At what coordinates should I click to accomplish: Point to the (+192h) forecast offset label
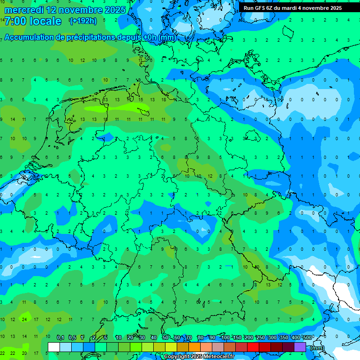[83, 21]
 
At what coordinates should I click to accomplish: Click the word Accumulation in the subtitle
[29, 37]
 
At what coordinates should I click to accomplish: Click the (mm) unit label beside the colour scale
[317, 348]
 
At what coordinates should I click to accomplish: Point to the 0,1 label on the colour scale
[60, 338]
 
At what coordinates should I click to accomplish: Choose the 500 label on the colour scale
[307, 338]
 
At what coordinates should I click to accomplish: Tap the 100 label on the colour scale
[225, 338]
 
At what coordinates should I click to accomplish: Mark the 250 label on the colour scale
[261, 338]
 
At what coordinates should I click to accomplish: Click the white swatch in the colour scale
[54, 347]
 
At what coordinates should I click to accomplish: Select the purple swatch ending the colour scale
[300, 347]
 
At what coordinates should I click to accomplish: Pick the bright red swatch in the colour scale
[253, 347]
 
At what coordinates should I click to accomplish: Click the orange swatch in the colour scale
[195, 347]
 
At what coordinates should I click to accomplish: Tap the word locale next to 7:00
[45, 22]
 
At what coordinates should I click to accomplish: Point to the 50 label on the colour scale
[165, 338]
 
